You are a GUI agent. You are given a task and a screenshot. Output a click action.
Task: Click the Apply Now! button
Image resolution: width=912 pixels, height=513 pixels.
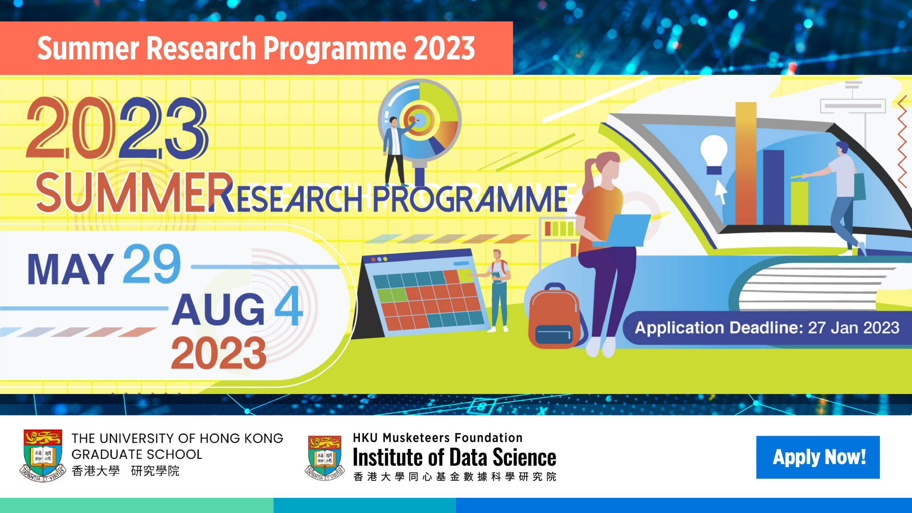click(x=818, y=457)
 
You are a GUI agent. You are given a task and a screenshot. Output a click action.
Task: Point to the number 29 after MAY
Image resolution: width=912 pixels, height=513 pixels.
click(x=152, y=265)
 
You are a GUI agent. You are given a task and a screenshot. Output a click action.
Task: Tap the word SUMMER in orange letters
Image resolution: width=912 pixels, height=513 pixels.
click(x=134, y=193)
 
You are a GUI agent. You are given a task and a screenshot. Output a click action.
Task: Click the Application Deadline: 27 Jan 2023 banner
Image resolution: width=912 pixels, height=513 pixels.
click(x=766, y=328)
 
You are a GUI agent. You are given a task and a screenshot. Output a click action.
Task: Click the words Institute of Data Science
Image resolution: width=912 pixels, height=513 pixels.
click(x=454, y=457)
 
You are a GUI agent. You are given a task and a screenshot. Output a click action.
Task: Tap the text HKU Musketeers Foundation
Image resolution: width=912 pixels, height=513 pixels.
click(x=437, y=438)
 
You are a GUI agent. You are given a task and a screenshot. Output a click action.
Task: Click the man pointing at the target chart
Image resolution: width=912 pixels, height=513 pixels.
click(x=394, y=149)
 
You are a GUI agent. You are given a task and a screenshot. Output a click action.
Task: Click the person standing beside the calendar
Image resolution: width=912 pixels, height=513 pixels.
click(x=498, y=289)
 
